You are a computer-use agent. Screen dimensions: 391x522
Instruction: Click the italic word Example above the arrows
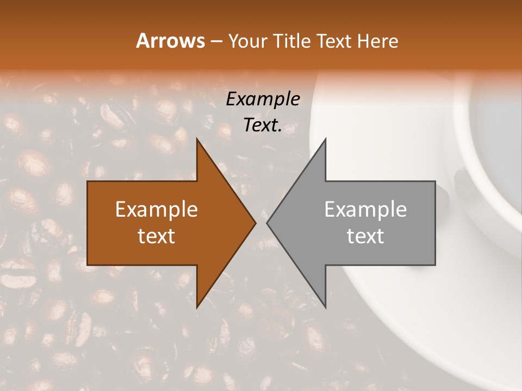click(x=263, y=99)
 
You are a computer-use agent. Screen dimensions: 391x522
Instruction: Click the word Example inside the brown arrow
click(x=157, y=210)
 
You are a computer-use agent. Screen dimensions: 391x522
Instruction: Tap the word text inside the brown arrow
click(x=157, y=236)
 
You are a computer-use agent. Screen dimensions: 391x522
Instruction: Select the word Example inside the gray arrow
click(x=365, y=210)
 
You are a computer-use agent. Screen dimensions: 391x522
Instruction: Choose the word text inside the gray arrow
click(x=365, y=236)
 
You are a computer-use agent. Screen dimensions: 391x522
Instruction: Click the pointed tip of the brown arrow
click(x=255, y=223)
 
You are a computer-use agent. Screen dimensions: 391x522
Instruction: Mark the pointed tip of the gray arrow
click(x=267, y=223)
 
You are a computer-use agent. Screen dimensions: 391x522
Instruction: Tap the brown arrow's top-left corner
click(x=88, y=182)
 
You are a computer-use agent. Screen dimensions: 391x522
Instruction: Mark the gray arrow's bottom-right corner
click(x=434, y=264)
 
